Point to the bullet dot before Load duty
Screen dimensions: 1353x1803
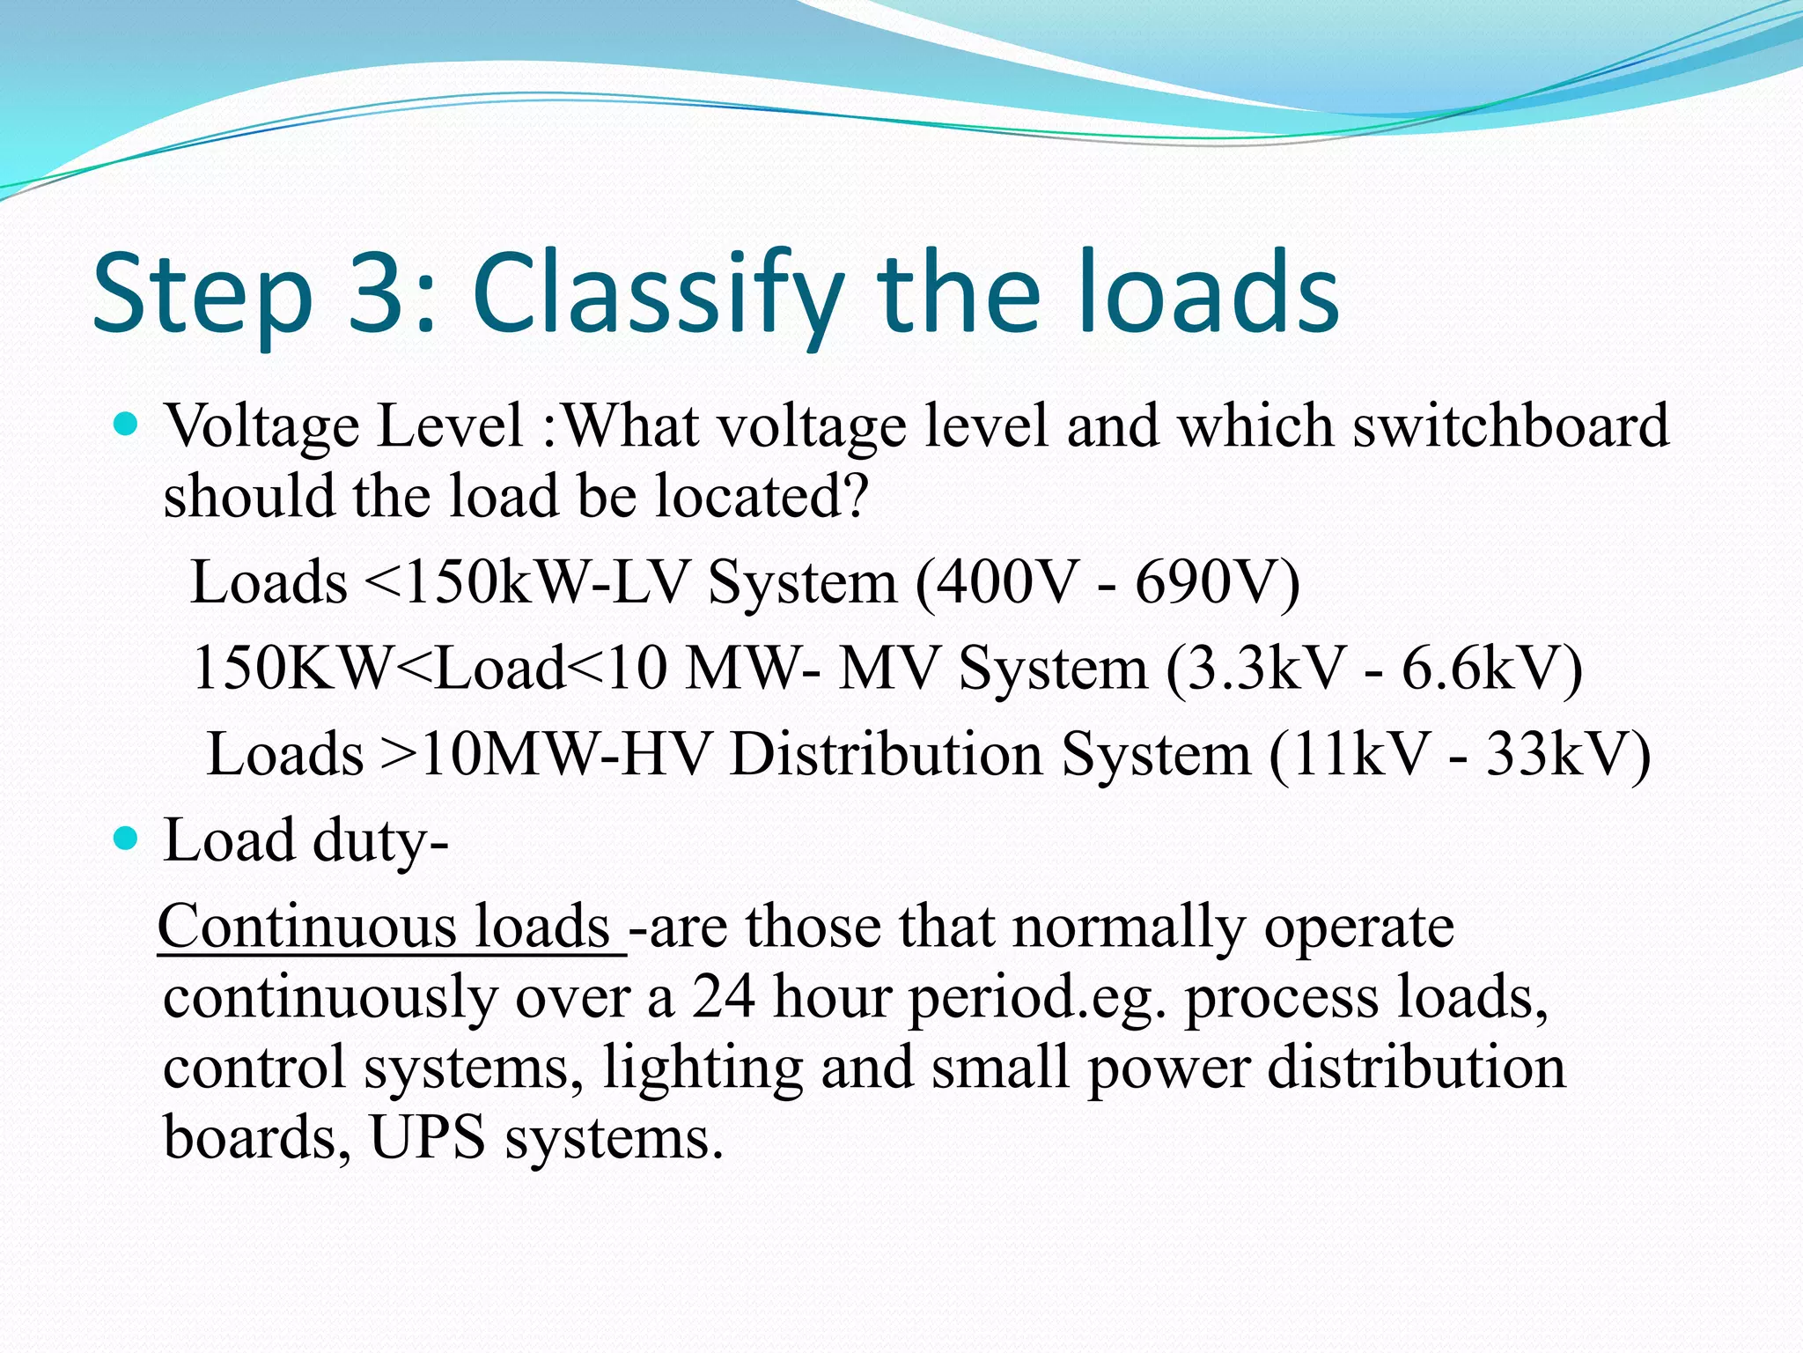tap(128, 839)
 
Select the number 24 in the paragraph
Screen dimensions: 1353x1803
tap(723, 997)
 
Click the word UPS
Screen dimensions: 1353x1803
tap(427, 1136)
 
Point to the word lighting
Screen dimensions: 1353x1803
tap(703, 1068)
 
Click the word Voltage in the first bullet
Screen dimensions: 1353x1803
tap(262, 426)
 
